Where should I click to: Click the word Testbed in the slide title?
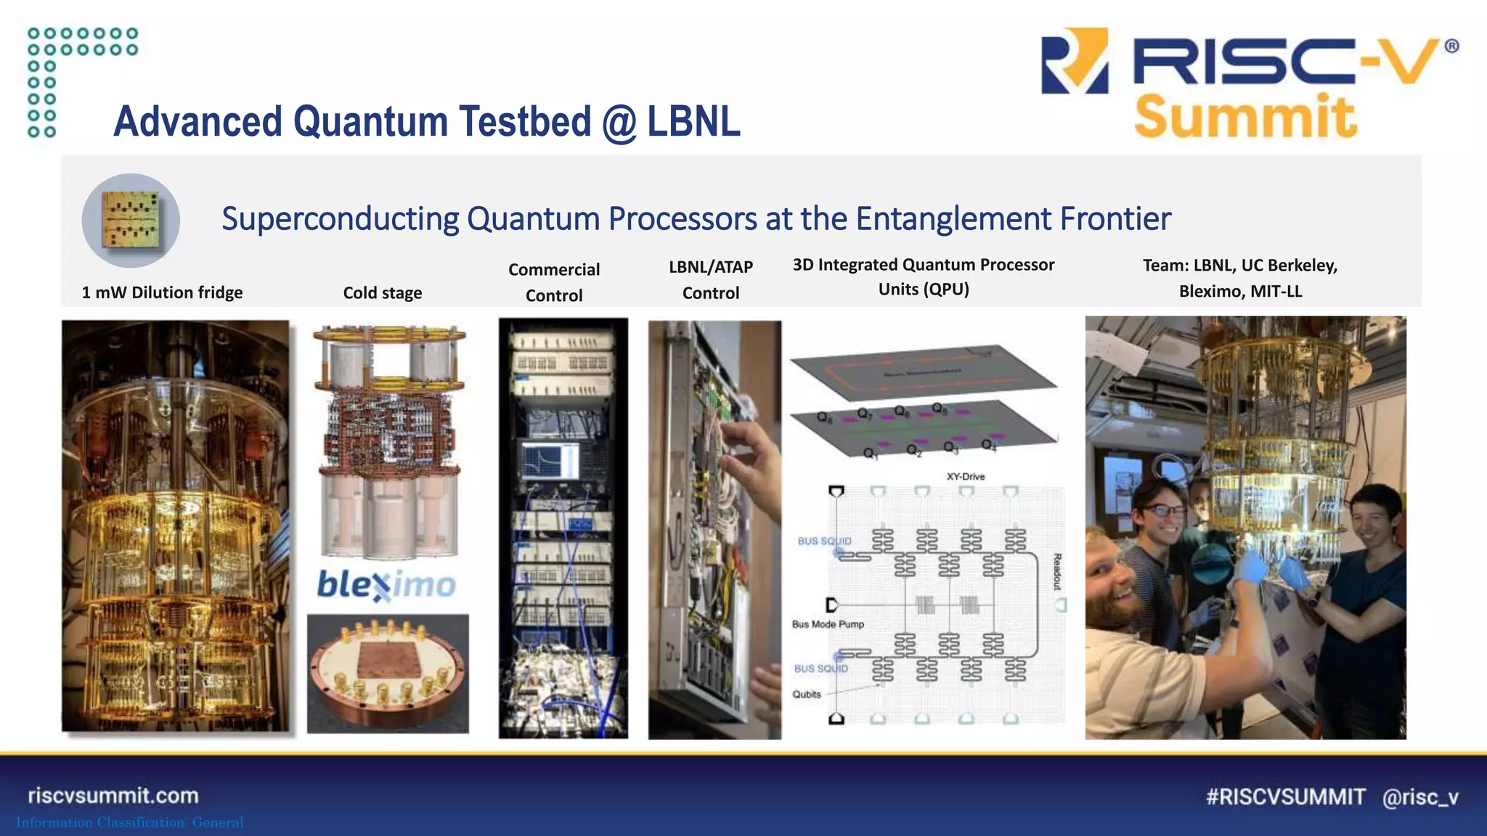[x=525, y=121]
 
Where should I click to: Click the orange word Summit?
[x=1244, y=117]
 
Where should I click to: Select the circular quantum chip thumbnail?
[x=131, y=220]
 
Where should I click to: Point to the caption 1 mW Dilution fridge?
[x=162, y=292]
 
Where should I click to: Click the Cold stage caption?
[x=382, y=293]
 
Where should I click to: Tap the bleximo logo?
[x=386, y=584]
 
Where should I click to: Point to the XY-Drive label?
[x=965, y=477]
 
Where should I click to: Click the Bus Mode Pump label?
[x=828, y=624]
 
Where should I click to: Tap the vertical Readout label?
[x=1057, y=572]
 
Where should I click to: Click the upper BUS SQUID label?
[x=824, y=541]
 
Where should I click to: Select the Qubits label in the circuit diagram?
[x=806, y=694]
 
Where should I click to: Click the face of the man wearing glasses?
[x=1163, y=517]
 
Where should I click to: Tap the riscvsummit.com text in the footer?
[x=113, y=795]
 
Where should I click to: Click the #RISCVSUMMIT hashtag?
[x=1285, y=797]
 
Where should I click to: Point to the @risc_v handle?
[x=1420, y=797]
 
